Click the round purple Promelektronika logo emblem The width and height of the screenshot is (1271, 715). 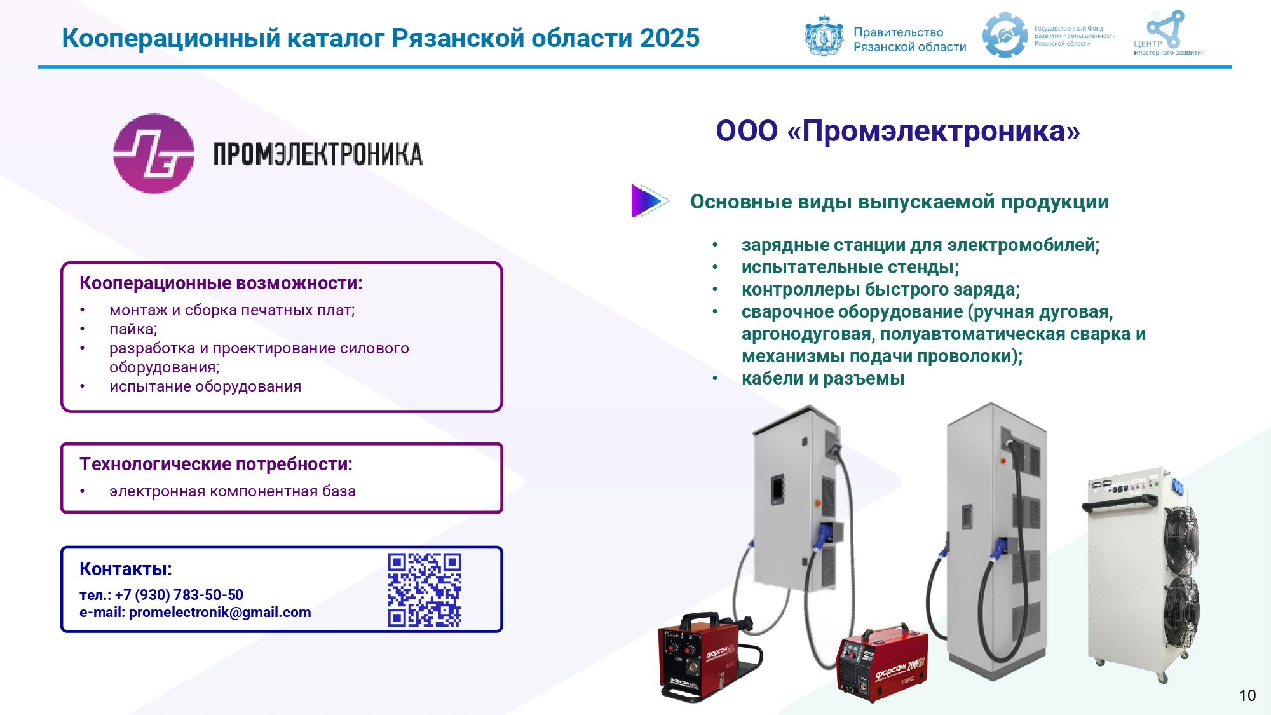[x=153, y=153]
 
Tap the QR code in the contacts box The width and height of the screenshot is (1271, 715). [x=425, y=590]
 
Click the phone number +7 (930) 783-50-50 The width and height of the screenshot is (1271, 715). [x=179, y=595]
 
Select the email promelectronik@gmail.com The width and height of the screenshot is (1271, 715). [x=220, y=613]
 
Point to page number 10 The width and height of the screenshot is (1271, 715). [x=1247, y=695]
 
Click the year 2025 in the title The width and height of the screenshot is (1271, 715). [x=670, y=38]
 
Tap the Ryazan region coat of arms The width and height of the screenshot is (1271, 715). [x=824, y=36]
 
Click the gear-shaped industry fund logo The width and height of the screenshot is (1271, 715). [x=1005, y=36]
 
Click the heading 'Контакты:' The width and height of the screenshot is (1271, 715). [x=126, y=569]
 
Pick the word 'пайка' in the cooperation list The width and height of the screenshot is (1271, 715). [x=131, y=330]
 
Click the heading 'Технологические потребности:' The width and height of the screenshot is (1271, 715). [x=216, y=465]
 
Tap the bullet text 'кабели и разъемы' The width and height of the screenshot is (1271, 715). [x=823, y=379]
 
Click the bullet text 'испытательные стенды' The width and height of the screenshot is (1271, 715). [x=848, y=268]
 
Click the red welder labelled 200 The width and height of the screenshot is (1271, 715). [x=882, y=663]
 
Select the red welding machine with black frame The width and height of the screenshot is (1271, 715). [x=709, y=657]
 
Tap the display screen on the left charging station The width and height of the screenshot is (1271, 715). [x=777, y=490]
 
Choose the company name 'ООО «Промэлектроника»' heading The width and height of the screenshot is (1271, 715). [x=898, y=132]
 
